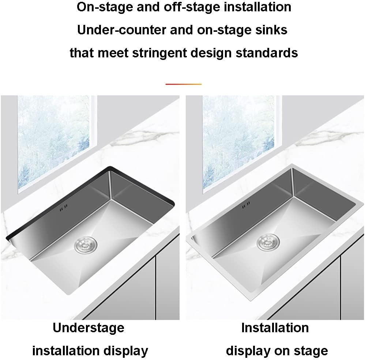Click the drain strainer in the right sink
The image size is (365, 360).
(268, 242)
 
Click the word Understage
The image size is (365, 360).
(89, 327)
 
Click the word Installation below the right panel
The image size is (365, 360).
(275, 327)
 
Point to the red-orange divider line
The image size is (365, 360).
(183, 84)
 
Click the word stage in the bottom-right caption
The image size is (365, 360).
(310, 351)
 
